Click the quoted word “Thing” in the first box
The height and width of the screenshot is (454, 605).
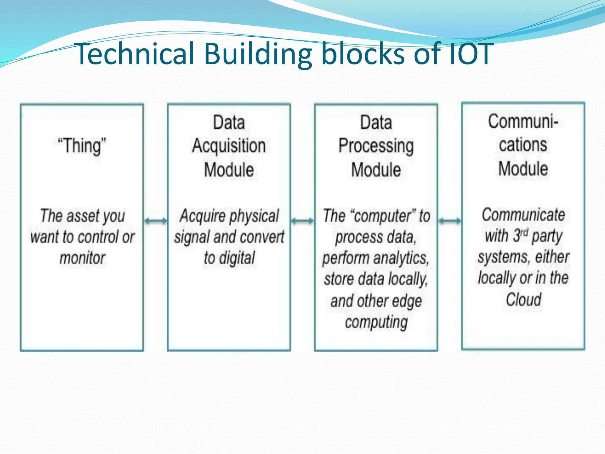(82, 146)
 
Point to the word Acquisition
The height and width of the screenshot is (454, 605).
(229, 146)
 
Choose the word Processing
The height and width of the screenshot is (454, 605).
(376, 146)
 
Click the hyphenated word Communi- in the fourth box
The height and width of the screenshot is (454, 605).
(523, 121)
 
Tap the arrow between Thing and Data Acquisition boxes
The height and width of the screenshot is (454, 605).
(155, 221)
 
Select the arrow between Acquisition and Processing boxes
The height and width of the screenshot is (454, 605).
(302, 221)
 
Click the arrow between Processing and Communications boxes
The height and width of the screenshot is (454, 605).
(450, 221)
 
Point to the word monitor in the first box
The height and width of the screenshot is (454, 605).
(82, 258)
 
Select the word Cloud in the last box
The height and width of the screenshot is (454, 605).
(523, 299)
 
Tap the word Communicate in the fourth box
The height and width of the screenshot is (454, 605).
(523, 215)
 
